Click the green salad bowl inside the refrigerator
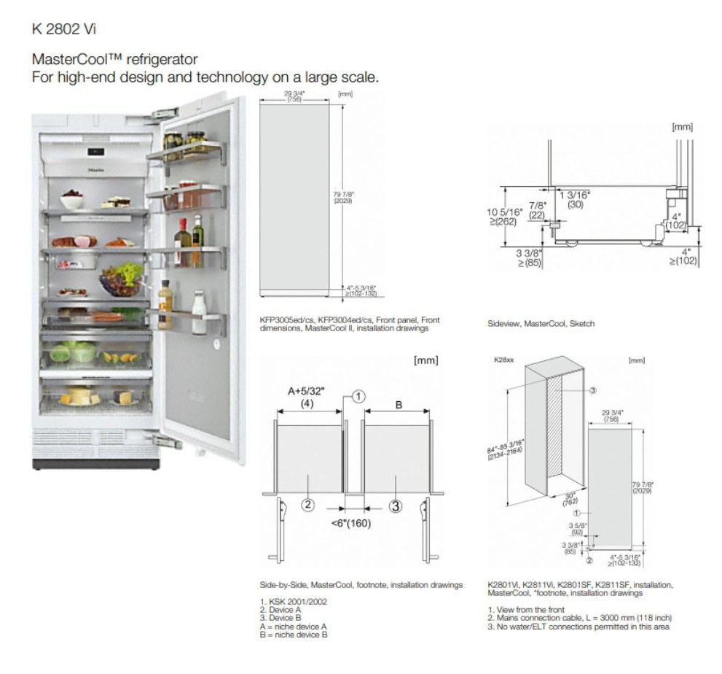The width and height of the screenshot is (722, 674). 122,279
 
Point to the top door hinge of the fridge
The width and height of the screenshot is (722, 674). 165,114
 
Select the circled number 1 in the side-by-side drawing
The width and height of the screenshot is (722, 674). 358,396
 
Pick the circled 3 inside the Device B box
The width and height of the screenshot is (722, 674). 395,505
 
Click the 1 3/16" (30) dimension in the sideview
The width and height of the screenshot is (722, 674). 575,199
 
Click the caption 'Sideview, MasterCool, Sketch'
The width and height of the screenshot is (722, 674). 541,323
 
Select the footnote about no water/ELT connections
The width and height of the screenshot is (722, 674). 581,627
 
